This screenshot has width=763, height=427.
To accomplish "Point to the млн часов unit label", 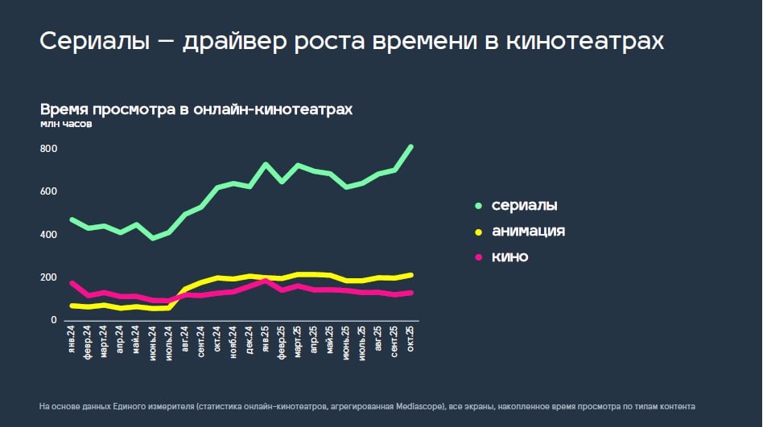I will tap(66, 125).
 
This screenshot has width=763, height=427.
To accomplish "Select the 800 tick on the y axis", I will tap(48, 149).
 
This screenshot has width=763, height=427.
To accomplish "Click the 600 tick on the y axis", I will tap(48, 191).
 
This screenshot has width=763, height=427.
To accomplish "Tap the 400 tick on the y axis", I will tap(48, 235).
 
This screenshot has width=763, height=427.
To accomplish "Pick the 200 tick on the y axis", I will tap(48, 277).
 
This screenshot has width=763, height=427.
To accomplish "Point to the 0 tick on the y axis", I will tap(54, 320).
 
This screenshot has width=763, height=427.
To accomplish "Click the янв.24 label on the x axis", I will tap(72, 339).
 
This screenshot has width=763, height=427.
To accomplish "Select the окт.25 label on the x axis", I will tap(411, 339).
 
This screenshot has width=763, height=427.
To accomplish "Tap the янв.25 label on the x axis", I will tap(266, 339).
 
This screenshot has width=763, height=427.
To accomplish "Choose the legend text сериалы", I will tap(524, 205).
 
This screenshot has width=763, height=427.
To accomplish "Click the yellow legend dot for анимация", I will tap(478, 232).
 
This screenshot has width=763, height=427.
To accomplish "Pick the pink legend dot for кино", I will tap(478, 257).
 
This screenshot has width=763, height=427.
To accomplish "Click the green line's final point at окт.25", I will tap(411, 146).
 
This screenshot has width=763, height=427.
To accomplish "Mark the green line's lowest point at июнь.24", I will tap(152, 238).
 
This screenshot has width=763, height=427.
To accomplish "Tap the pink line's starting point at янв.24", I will tap(72, 282).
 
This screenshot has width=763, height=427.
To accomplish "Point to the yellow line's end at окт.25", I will tap(411, 275).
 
